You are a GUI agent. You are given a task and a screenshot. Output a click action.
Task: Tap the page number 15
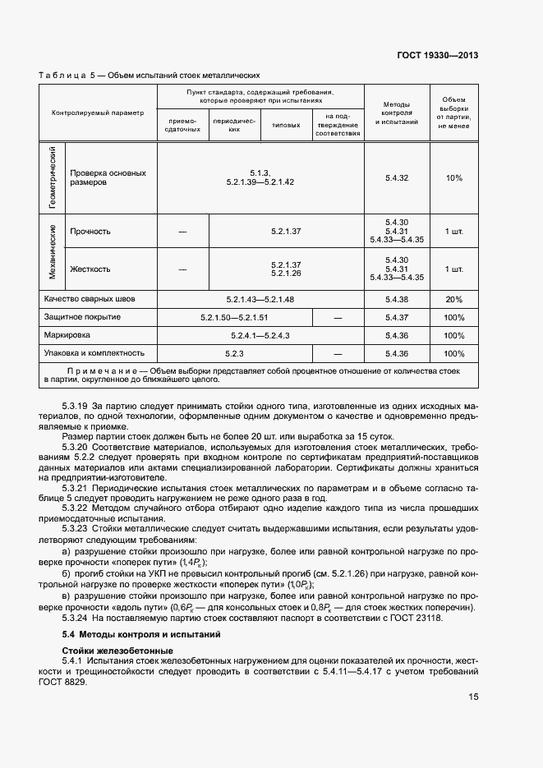point(473,697)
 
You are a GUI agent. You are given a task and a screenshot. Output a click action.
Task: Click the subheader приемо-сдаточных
point(182,125)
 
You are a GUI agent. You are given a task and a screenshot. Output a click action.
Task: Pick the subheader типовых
point(286,125)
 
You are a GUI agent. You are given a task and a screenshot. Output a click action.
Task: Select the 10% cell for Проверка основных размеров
point(453,177)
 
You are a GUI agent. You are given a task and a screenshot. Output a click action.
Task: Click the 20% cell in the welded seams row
point(453,299)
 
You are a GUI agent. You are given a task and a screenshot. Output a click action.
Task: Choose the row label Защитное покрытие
point(83,317)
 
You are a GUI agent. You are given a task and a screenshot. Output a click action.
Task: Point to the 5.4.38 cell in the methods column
point(397,299)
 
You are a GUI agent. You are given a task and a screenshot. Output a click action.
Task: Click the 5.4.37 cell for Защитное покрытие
point(397,317)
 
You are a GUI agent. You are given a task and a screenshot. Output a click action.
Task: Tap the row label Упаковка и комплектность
point(94,353)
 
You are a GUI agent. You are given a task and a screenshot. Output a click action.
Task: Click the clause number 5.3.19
point(76,406)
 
